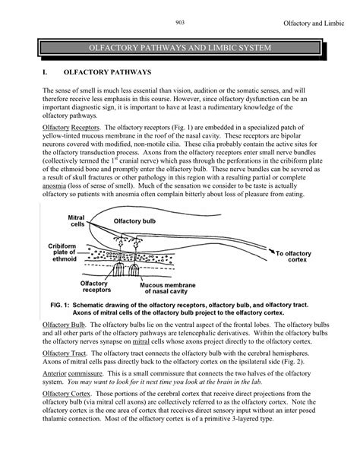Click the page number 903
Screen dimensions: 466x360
(x=179, y=21)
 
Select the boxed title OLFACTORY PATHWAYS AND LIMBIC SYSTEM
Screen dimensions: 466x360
(x=180, y=49)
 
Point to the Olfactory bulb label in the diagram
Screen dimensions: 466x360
(x=137, y=220)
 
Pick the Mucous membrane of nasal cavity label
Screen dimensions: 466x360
(x=185, y=287)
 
